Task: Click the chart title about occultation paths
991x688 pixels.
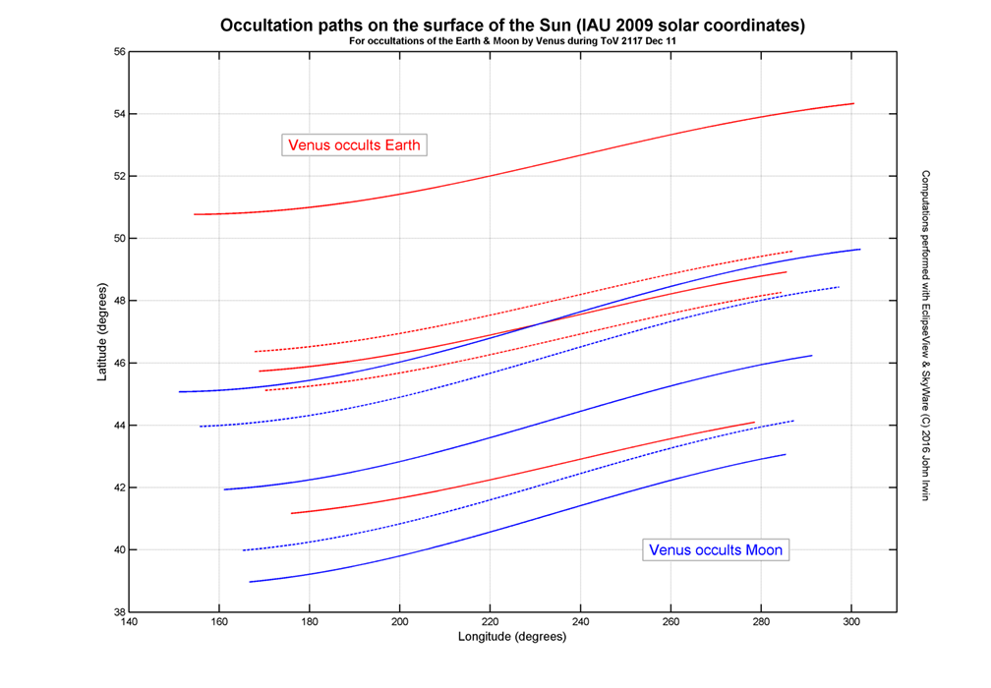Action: pos(512,25)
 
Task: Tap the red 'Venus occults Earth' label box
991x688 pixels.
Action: pos(354,145)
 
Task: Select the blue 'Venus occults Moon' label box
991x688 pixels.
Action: pos(716,549)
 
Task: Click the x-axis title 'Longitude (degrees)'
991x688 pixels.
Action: pos(512,637)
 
